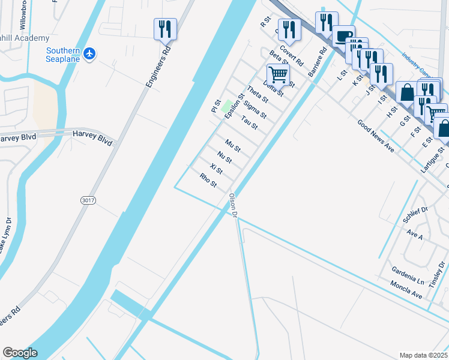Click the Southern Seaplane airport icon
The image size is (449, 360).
(90, 54)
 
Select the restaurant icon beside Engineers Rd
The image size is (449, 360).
(165, 29)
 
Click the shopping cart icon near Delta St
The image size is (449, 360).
(278, 74)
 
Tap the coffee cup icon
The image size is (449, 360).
(344, 37)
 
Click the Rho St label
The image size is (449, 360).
(208, 179)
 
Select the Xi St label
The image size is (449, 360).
(216, 169)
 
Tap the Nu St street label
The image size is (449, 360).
(224, 158)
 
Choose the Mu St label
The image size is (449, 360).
(232, 146)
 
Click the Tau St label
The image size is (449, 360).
(249, 122)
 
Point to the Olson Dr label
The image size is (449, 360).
(234, 205)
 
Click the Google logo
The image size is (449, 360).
(20, 353)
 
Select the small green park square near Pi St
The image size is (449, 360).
(226, 108)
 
